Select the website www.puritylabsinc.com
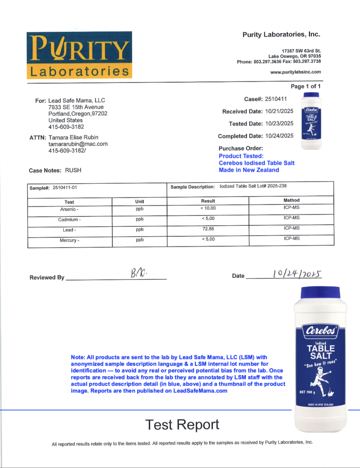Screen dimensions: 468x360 click(x=296, y=72)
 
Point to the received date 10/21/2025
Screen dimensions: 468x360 click(x=279, y=111)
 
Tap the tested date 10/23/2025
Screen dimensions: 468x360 click(x=279, y=124)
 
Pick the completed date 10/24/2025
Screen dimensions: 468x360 click(x=279, y=136)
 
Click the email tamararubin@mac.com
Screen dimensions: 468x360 click(x=78, y=144)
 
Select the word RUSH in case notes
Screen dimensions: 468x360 click(x=74, y=171)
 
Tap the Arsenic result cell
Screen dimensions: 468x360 click(x=208, y=208)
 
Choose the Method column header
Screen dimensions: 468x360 click(x=292, y=200)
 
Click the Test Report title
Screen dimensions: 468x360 click(x=182, y=424)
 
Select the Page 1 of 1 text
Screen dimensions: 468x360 click(x=306, y=86)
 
